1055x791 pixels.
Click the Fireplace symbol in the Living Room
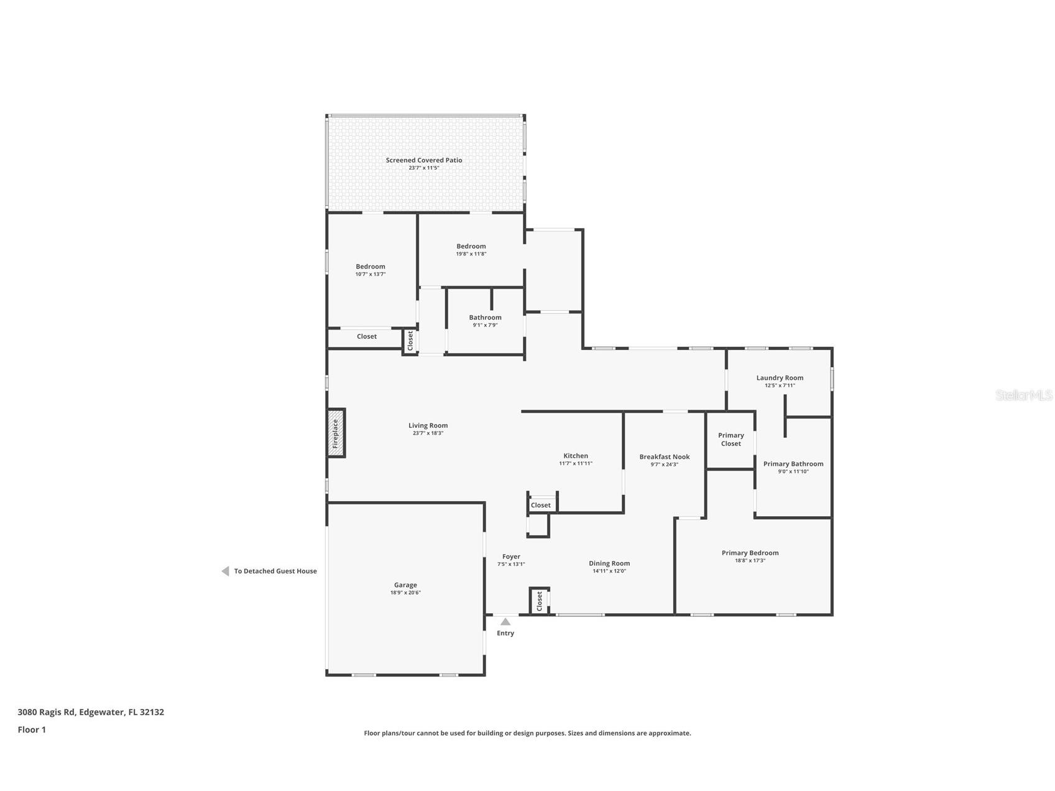336,433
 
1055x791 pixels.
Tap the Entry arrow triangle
505,622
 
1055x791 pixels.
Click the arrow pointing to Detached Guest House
225,571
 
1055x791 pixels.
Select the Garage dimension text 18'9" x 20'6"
405,593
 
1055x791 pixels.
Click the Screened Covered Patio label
424,160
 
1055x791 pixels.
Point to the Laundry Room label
780,377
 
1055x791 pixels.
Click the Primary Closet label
730,439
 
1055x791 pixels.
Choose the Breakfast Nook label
664,456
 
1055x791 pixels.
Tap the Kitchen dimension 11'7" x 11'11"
575,463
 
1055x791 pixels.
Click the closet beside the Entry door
539,601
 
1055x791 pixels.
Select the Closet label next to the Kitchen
540,505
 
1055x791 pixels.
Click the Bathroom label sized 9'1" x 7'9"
485,317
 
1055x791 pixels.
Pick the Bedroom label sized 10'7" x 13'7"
371,266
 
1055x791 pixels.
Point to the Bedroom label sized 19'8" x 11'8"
471,246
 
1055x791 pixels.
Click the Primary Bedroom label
750,552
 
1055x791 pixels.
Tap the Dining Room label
609,563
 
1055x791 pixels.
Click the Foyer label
511,557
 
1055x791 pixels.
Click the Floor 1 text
32,729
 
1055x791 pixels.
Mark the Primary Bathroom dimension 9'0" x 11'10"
793,471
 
